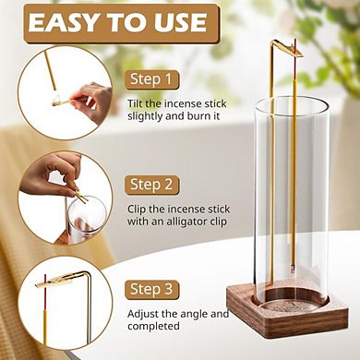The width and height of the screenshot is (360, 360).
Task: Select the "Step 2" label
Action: pyautogui.click(x=151, y=185)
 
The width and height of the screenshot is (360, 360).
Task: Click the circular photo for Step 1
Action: pyautogui.click(x=76, y=91)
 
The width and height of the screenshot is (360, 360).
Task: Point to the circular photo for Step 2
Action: pyautogui.click(x=76, y=197)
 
